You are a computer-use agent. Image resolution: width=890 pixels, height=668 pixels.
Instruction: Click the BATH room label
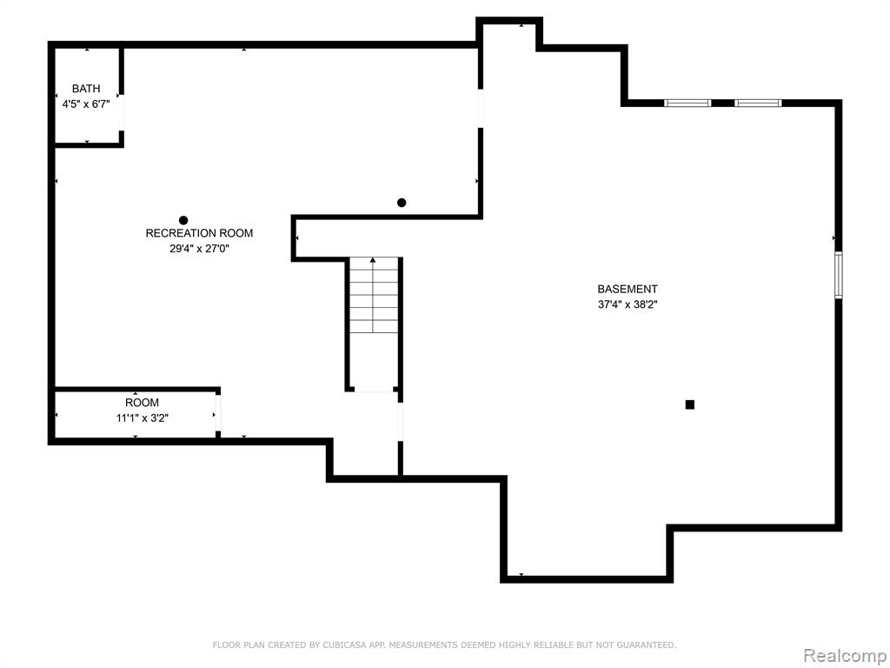[x=86, y=89]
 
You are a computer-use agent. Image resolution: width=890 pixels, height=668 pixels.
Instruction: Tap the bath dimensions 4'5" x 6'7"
[x=86, y=104]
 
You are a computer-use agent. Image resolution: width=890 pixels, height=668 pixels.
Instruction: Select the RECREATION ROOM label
[x=199, y=233]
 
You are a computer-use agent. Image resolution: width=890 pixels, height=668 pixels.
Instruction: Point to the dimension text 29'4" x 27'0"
[x=199, y=248]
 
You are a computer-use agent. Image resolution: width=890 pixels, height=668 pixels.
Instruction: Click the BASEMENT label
[x=628, y=289]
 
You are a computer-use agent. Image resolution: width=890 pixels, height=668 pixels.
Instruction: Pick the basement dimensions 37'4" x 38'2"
[x=628, y=304]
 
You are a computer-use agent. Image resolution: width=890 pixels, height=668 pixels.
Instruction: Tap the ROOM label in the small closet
[x=142, y=403]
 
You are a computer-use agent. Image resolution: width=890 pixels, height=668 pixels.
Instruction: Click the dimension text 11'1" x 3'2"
[x=142, y=418]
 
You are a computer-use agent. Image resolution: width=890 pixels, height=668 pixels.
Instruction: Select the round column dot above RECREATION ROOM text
[x=183, y=220]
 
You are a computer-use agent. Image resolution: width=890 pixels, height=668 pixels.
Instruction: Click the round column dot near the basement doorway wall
[x=402, y=203]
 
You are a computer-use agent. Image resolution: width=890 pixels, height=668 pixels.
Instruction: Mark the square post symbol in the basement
[x=689, y=404]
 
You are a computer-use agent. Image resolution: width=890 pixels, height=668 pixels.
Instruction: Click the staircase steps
[x=374, y=295]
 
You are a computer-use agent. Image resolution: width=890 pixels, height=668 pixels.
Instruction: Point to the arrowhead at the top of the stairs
[x=373, y=259]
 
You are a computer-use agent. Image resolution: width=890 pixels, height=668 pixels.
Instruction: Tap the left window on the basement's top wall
[x=687, y=103]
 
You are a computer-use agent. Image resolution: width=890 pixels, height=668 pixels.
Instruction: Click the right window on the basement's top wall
[x=758, y=103]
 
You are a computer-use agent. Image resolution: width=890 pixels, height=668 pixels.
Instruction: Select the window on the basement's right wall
[x=839, y=275]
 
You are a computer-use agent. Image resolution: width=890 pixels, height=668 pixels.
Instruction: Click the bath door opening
[x=121, y=112]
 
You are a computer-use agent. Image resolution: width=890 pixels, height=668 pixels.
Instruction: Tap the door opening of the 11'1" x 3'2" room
[x=218, y=413]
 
